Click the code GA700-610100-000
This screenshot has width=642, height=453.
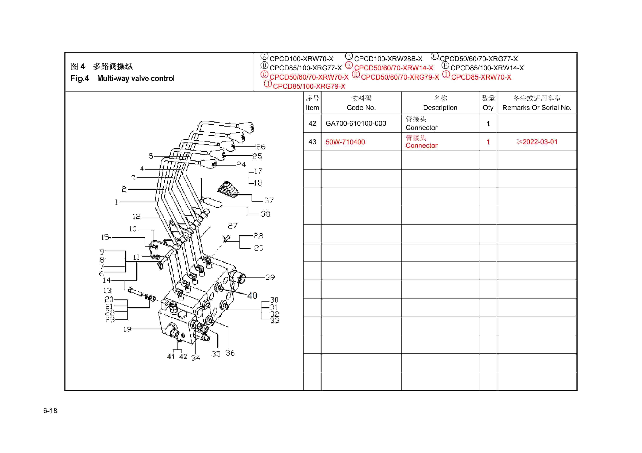[x=356, y=123]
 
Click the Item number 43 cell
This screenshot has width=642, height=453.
[x=312, y=142]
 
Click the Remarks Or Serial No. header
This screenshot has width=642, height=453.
[x=537, y=108]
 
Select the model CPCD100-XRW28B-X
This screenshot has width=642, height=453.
[x=388, y=59]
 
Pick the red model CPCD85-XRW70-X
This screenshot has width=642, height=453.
[x=481, y=77]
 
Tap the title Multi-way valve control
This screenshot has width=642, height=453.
[x=136, y=79]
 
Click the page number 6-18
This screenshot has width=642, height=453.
[x=50, y=411]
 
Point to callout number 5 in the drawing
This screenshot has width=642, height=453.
[x=151, y=156]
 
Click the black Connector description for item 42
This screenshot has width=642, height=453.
[x=421, y=128]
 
